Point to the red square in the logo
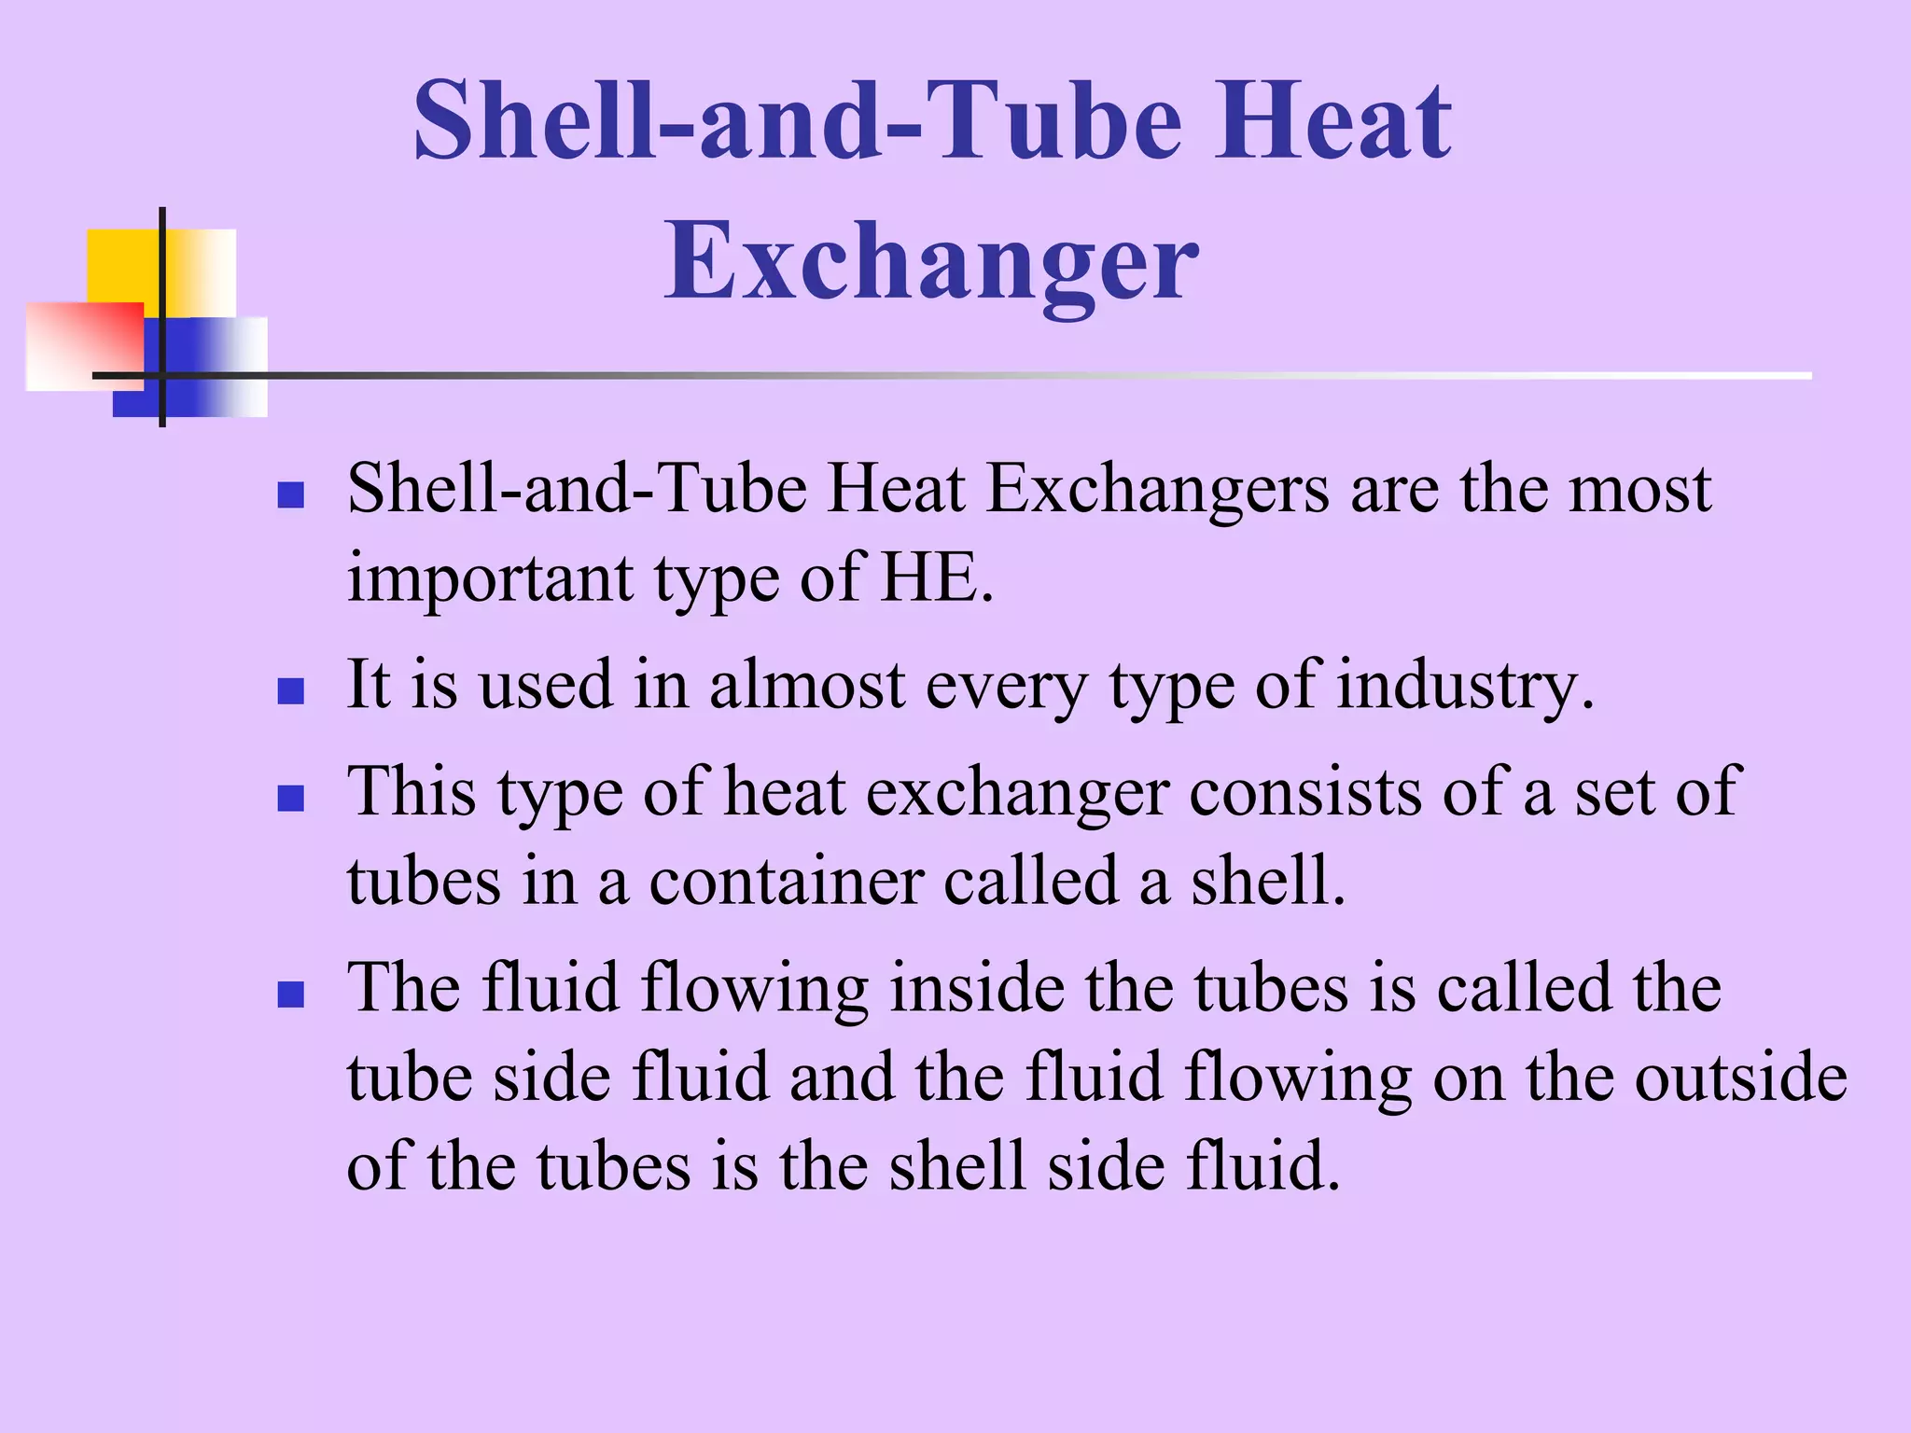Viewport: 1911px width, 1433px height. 84,345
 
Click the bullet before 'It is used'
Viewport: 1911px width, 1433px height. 291,691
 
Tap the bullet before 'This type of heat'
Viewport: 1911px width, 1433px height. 291,799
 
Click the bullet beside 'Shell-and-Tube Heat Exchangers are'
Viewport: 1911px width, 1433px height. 291,494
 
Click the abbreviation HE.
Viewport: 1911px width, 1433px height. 937,577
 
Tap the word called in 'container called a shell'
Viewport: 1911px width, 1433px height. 1030,881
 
